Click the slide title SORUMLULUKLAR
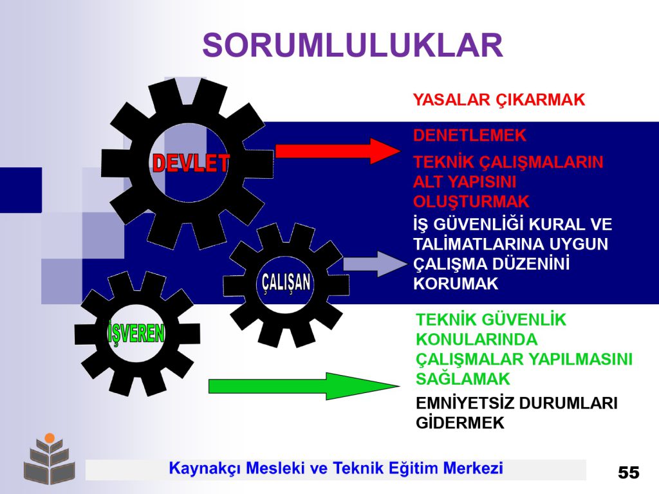[353, 45]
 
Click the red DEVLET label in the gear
[190, 163]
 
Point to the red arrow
[338, 151]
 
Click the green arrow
[304, 386]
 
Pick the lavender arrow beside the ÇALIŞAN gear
[375, 264]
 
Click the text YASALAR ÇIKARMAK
[499, 100]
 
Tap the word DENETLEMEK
[469, 135]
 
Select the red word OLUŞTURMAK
[471, 201]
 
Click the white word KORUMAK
[456, 284]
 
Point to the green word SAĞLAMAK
[463, 379]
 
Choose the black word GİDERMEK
[459, 423]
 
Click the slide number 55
[628, 473]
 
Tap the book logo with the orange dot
[50, 458]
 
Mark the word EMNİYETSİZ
[465, 403]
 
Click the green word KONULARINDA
[477, 340]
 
